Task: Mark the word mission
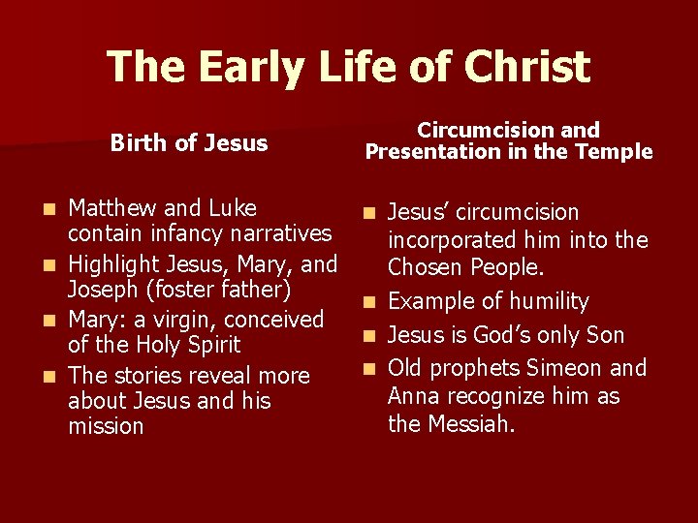click(107, 426)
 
